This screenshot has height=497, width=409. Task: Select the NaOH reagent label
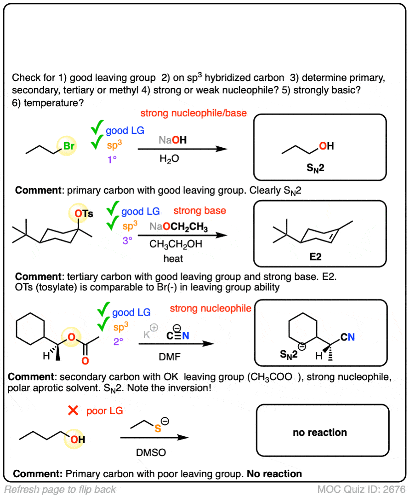coord(173,140)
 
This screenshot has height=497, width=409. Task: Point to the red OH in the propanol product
coord(326,146)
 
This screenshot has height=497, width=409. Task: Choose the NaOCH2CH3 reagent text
coord(179,228)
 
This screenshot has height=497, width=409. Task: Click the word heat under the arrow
coord(173,259)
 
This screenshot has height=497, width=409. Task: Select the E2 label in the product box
coord(315,257)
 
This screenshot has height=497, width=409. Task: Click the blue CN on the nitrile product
coord(348,338)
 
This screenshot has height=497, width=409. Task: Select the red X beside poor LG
coord(73,410)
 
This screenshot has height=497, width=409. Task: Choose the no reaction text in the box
coord(320,433)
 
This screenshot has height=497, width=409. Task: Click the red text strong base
coord(200,211)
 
